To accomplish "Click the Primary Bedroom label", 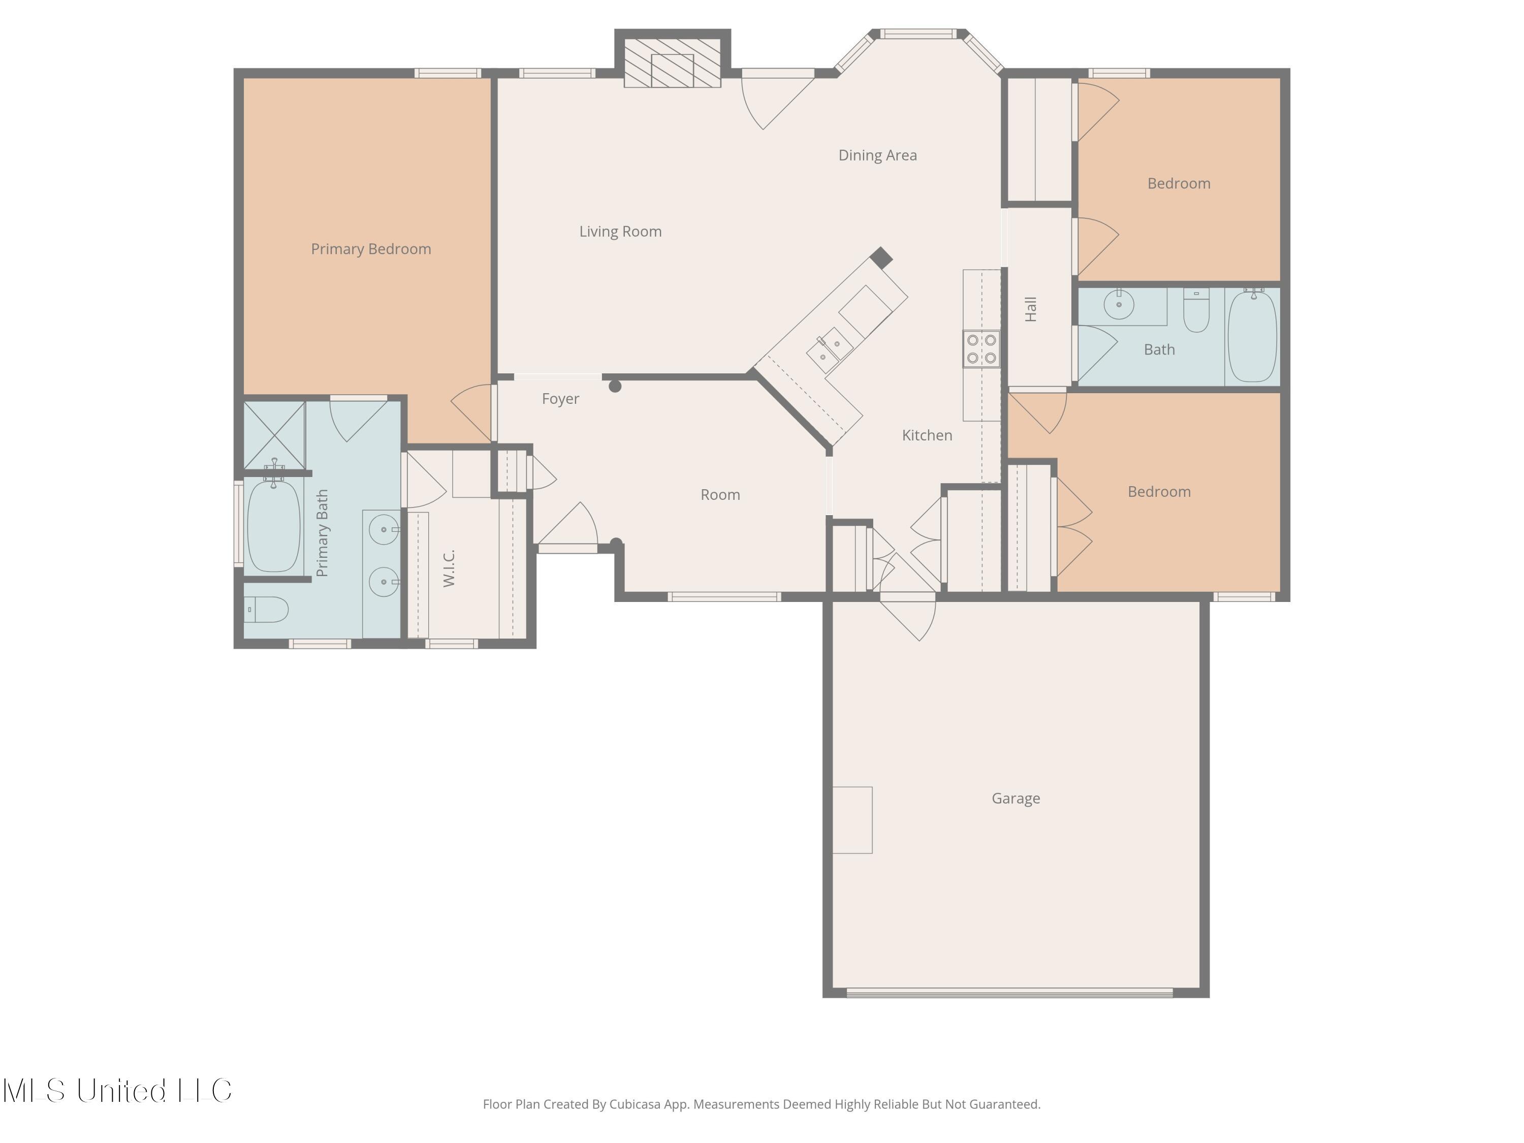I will click(x=371, y=249).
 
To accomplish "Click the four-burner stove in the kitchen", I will click(x=981, y=348).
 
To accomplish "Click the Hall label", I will click(x=1031, y=309).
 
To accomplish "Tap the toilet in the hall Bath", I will click(x=1196, y=311).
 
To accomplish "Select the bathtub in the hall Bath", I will click(x=1253, y=335).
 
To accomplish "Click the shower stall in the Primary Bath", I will click(x=274, y=435).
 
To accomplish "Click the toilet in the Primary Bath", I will click(x=267, y=609).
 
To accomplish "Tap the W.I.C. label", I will click(x=449, y=568).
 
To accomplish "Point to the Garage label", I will click(x=1015, y=799).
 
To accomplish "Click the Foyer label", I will click(x=560, y=399).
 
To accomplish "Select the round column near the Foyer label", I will click(x=615, y=387).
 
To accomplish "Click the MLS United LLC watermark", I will click(x=117, y=1091).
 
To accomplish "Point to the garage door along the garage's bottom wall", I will click(x=1009, y=993).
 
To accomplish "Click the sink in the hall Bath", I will click(x=1119, y=304).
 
